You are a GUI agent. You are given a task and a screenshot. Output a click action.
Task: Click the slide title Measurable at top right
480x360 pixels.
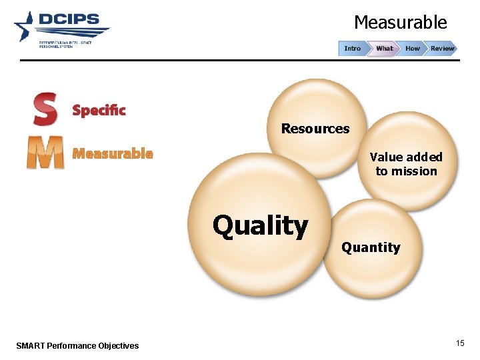click(400, 23)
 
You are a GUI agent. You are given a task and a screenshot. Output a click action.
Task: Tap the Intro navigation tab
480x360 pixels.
click(353, 49)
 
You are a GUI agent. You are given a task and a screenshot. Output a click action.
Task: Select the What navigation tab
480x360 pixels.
click(385, 49)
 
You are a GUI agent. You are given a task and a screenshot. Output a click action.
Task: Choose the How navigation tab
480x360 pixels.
click(413, 49)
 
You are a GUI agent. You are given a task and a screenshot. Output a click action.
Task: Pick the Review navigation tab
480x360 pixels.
click(442, 49)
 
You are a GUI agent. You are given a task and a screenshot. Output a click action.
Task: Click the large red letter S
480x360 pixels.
click(45, 109)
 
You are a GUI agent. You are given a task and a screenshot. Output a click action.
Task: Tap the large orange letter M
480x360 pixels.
click(45, 153)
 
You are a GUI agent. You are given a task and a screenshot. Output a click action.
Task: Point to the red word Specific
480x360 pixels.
click(99, 110)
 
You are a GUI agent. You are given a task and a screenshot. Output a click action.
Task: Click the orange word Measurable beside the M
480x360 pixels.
click(113, 154)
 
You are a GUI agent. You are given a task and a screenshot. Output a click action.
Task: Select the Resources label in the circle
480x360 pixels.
click(315, 129)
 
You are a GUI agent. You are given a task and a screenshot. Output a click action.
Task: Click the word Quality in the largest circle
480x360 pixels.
click(260, 225)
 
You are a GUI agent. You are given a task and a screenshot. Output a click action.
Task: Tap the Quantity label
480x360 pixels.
click(371, 247)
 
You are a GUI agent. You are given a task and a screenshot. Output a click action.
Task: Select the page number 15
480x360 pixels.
click(460, 343)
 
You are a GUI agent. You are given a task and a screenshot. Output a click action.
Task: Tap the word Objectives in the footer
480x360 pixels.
click(118, 345)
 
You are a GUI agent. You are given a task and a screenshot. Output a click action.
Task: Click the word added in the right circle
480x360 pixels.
click(424, 157)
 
